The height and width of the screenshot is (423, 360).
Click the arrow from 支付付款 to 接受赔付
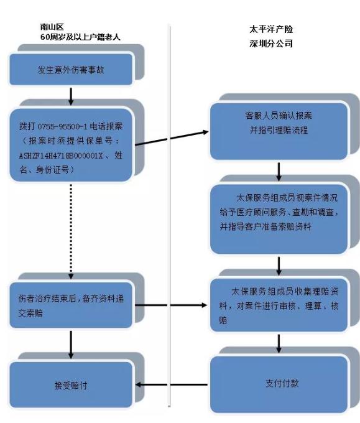171,385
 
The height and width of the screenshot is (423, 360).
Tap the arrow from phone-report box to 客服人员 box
171,138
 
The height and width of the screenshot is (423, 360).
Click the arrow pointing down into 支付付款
279,344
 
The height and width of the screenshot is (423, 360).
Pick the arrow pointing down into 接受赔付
72,344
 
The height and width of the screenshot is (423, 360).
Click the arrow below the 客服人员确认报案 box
279,171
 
